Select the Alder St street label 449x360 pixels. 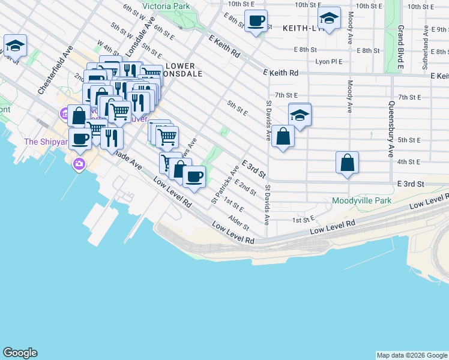pos(238,224)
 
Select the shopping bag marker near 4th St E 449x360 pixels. pos(347,162)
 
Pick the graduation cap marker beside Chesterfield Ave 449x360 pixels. pos(15,45)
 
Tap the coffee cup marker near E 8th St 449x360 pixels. pos(256,21)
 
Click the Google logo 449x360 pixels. pos(20,353)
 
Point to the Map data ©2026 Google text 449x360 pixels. pos(412,355)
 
